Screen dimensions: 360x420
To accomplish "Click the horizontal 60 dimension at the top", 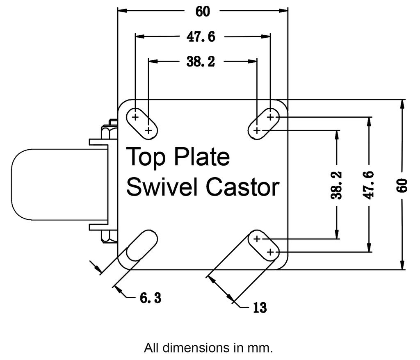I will pos(203,12).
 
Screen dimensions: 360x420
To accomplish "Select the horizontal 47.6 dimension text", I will pos(201,37).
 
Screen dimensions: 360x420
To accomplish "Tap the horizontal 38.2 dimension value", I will pos(201,62).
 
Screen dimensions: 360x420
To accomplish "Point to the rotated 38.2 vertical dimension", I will pos(337,185).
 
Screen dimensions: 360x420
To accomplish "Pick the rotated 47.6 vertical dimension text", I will pos(370,185).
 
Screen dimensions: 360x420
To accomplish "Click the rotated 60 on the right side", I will pos(402,185).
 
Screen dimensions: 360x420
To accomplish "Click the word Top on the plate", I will pos(146,157).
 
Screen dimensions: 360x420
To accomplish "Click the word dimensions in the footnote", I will pos(190,348).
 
